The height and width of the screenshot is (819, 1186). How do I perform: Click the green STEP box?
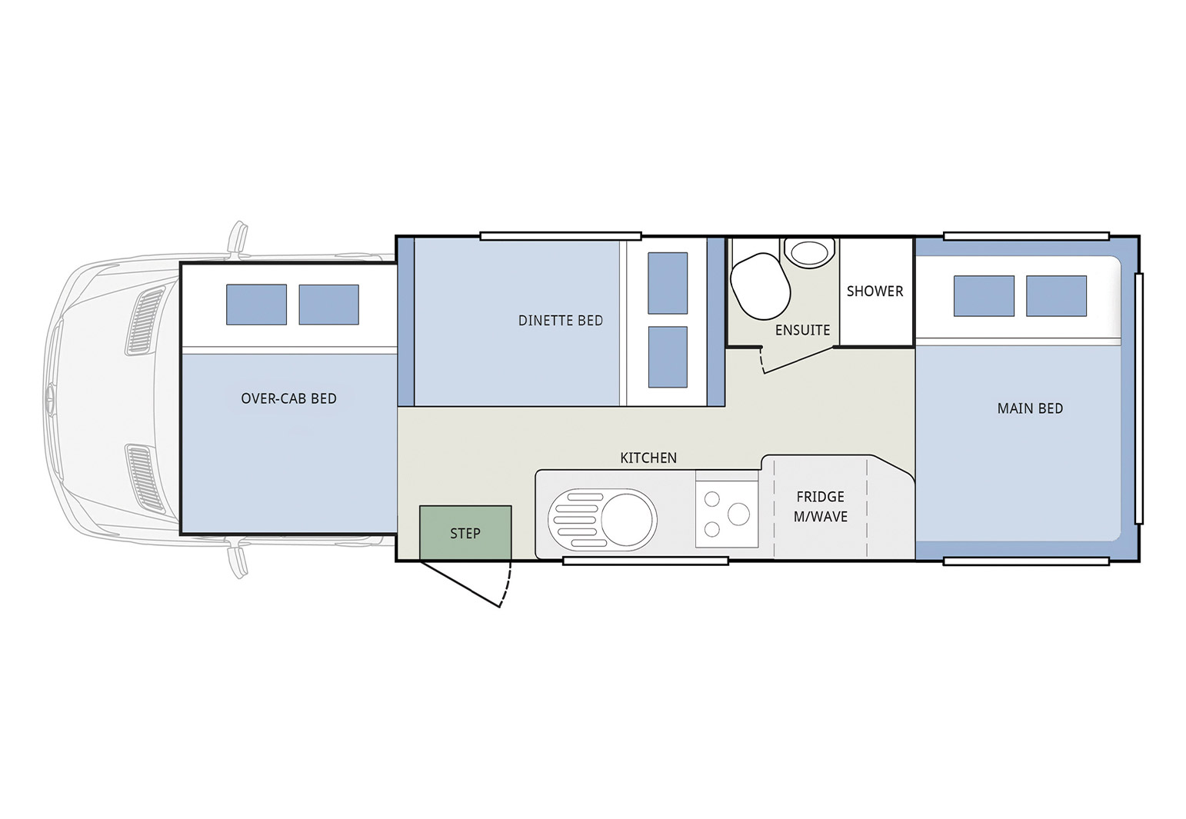[x=465, y=533]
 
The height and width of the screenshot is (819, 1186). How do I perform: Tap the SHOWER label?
[x=875, y=291]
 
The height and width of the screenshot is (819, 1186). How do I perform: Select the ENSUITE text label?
[x=803, y=331]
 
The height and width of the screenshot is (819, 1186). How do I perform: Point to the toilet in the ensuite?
[x=761, y=286]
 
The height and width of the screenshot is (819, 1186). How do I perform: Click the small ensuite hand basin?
[x=810, y=252]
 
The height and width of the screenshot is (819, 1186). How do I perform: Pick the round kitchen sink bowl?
[x=628, y=518]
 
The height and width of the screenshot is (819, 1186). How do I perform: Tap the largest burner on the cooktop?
[x=738, y=514]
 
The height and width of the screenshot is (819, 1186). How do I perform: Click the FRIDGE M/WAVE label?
[x=820, y=507]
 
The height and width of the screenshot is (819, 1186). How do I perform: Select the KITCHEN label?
[x=648, y=458]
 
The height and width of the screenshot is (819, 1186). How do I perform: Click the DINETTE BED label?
[x=561, y=320]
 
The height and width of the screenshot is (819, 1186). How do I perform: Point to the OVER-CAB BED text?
[x=288, y=398]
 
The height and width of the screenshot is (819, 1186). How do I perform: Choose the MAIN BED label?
[x=1030, y=408]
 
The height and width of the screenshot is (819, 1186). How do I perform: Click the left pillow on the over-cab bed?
[x=256, y=305]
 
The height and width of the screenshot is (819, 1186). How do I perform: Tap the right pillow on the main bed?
[x=1056, y=296]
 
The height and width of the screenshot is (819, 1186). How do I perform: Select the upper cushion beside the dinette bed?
[x=668, y=283]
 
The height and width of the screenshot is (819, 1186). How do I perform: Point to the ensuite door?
[x=798, y=360]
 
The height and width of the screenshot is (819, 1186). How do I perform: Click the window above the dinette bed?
[x=561, y=236]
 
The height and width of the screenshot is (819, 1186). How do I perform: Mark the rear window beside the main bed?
[x=1139, y=398]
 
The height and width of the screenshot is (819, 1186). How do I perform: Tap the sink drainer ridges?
[x=575, y=518]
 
